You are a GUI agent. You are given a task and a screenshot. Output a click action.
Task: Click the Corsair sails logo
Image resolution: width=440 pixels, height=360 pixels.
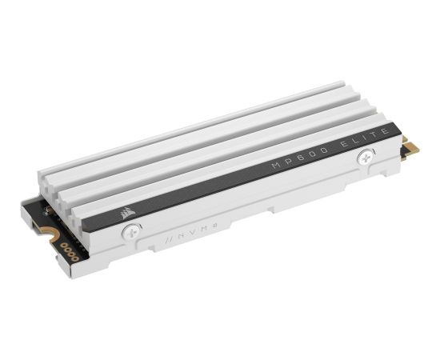(127, 213)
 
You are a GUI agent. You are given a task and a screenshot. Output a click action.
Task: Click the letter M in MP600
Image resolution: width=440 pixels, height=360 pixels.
(277, 166)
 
